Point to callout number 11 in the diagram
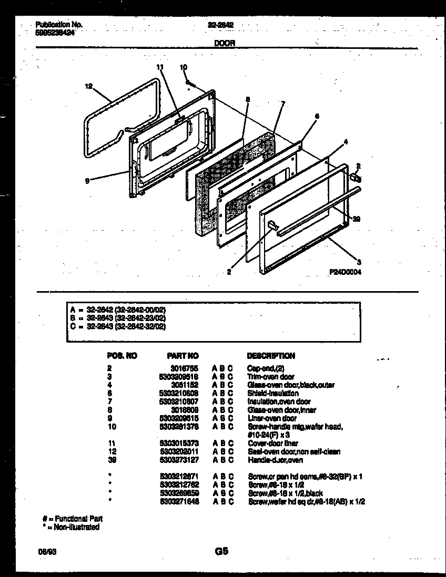point(160,67)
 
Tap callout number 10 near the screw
point(183,67)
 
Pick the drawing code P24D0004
point(345,272)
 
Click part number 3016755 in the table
point(185,369)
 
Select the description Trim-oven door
point(271,377)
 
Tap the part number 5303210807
point(178,401)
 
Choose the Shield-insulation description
point(273,393)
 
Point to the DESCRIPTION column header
point(271,356)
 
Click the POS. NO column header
point(122,356)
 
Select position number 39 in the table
point(110,460)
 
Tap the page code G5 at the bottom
point(221,552)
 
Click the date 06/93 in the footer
point(45,552)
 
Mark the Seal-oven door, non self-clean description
point(294,451)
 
